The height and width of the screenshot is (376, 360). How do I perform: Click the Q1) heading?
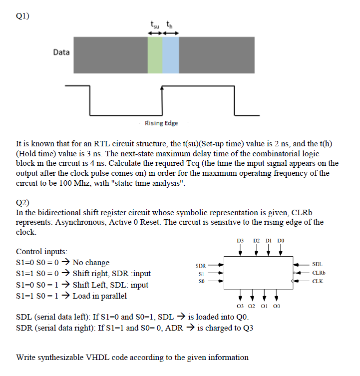pos(22,15)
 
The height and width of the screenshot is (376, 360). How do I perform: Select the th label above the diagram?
pos(170,25)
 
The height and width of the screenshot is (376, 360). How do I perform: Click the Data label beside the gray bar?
pos(61,52)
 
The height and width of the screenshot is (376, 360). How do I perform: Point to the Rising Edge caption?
pos(161,123)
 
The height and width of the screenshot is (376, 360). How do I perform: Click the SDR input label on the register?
pos(200,265)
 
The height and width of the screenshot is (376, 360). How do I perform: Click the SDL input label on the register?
pos(317,264)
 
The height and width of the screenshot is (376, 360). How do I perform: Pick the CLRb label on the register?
pos(319,273)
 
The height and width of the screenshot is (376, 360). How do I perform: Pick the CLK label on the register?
pos(317,282)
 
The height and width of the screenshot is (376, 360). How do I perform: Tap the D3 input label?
pos(240,241)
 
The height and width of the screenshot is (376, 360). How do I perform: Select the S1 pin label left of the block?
pos(202,273)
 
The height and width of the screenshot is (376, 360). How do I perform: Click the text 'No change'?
pos(91,263)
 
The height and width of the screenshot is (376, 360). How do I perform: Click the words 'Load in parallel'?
pos(100,296)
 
